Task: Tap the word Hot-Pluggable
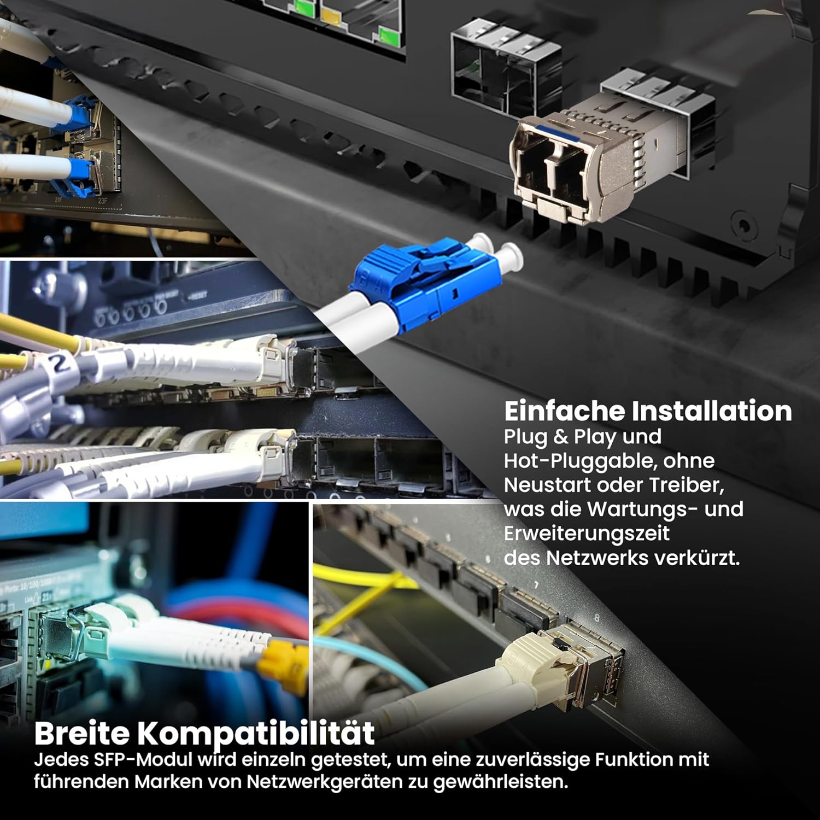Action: [x=580, y=461]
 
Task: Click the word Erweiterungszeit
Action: [x=587, y=534]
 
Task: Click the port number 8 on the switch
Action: [x=596, y=618]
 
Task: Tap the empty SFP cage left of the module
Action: [x=506, y=68]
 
